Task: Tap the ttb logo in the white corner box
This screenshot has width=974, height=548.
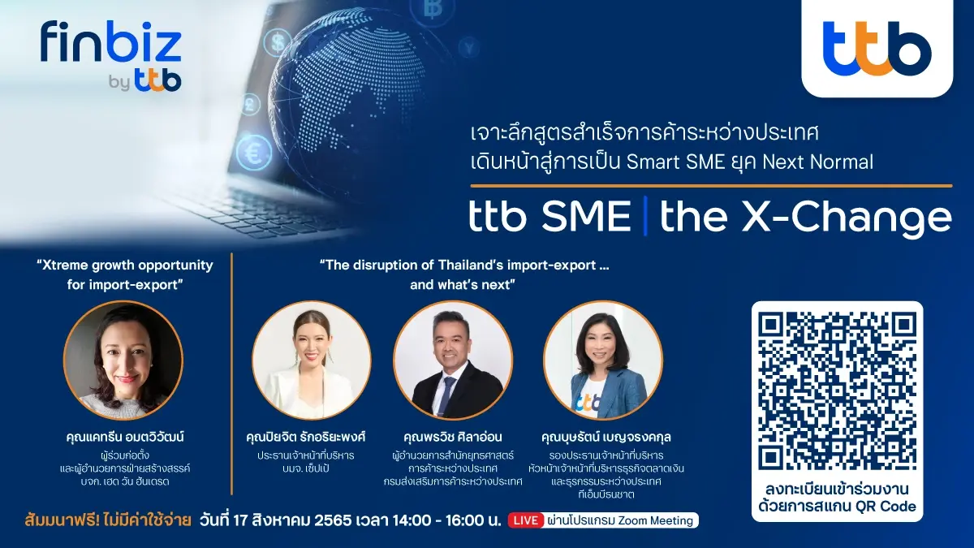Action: coord(877,48)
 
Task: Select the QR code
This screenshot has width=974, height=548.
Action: coord(836,391)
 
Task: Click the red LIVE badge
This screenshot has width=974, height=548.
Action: coord(525,520)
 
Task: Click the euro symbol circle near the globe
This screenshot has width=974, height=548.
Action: coord(254,152)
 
